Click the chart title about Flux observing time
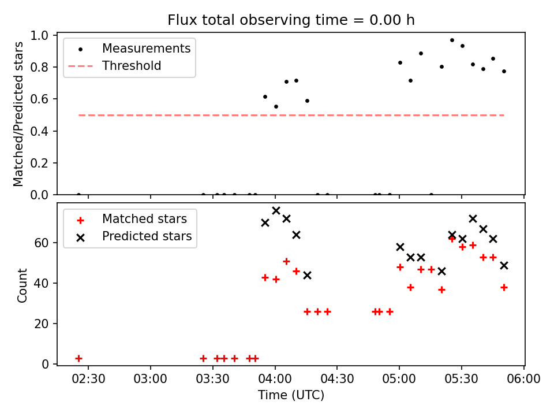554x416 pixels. click(291, 20)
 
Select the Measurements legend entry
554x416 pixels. click(146, 49)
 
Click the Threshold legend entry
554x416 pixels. click(132, 66)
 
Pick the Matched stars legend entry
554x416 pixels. click(144, 219)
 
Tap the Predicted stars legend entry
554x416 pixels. click(147, 236)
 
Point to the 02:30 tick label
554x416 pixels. click(88, 379)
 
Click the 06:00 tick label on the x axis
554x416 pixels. click(524, 379)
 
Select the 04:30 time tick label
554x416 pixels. click(337, 379)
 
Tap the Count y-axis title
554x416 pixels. click(23, 285)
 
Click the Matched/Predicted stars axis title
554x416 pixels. click(19, 114)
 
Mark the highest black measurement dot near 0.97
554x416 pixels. click(452, 40)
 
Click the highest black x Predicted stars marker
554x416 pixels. click(276, 211)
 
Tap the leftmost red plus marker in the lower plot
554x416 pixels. click(78, 358)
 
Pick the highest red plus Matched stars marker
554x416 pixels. click(452, 239)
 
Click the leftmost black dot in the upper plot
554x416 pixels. click(78, 195)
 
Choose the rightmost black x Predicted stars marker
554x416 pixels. click(504, 265)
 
